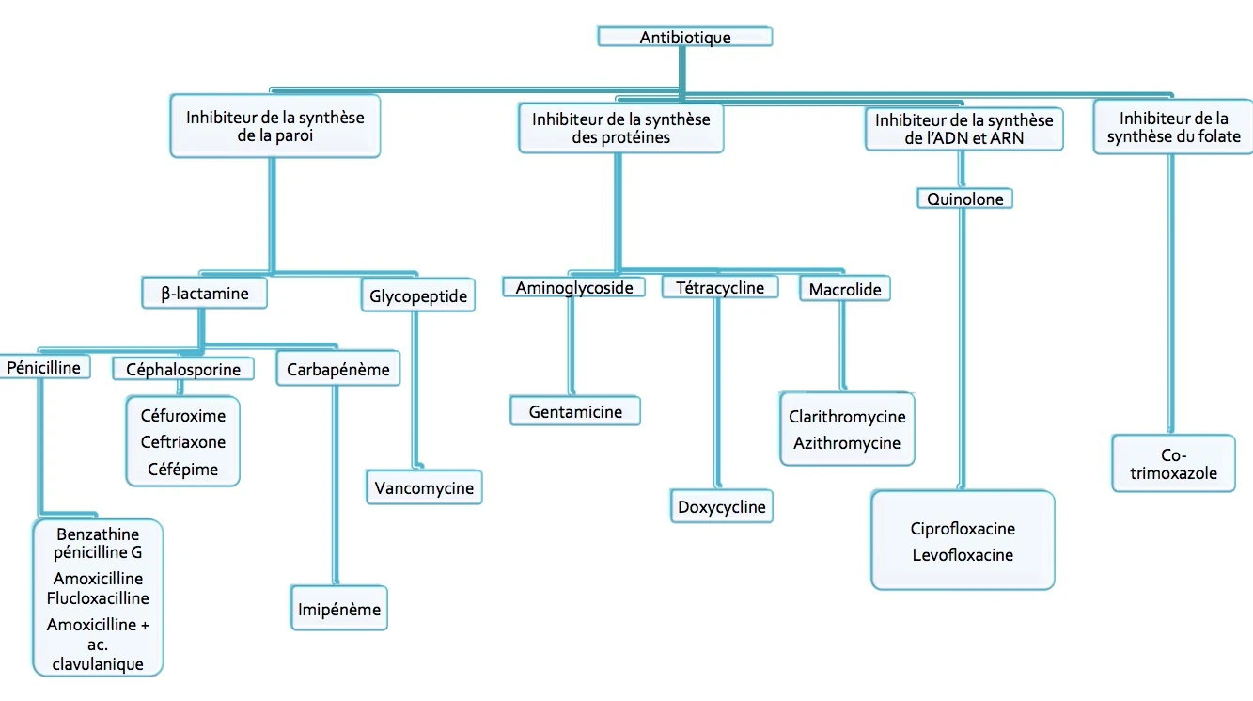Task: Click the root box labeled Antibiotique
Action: tap(685, 38)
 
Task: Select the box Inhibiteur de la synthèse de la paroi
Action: tap(274, 126)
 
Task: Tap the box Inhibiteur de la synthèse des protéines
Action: tap(620, 128)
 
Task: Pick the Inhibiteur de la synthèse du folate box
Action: tap(1173, 128)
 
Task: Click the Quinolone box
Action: tap(964, 199)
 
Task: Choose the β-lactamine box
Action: tap(205, 294)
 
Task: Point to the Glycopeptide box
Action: tap(418, 296)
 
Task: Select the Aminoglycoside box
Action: tap(573, 288)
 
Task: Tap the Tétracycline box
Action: tap(720, 288)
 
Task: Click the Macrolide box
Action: tap(845, 290)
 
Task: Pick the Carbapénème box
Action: tap(337, 369)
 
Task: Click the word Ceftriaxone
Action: tap(183, 442)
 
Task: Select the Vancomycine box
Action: tap(424, 488)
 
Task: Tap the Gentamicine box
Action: tap(575, 411)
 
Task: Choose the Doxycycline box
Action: tap(722, 507)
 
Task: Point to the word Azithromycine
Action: tap(847, 443)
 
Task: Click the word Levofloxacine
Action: tap(963, 555)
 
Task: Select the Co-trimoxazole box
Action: tap(1173, 464)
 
